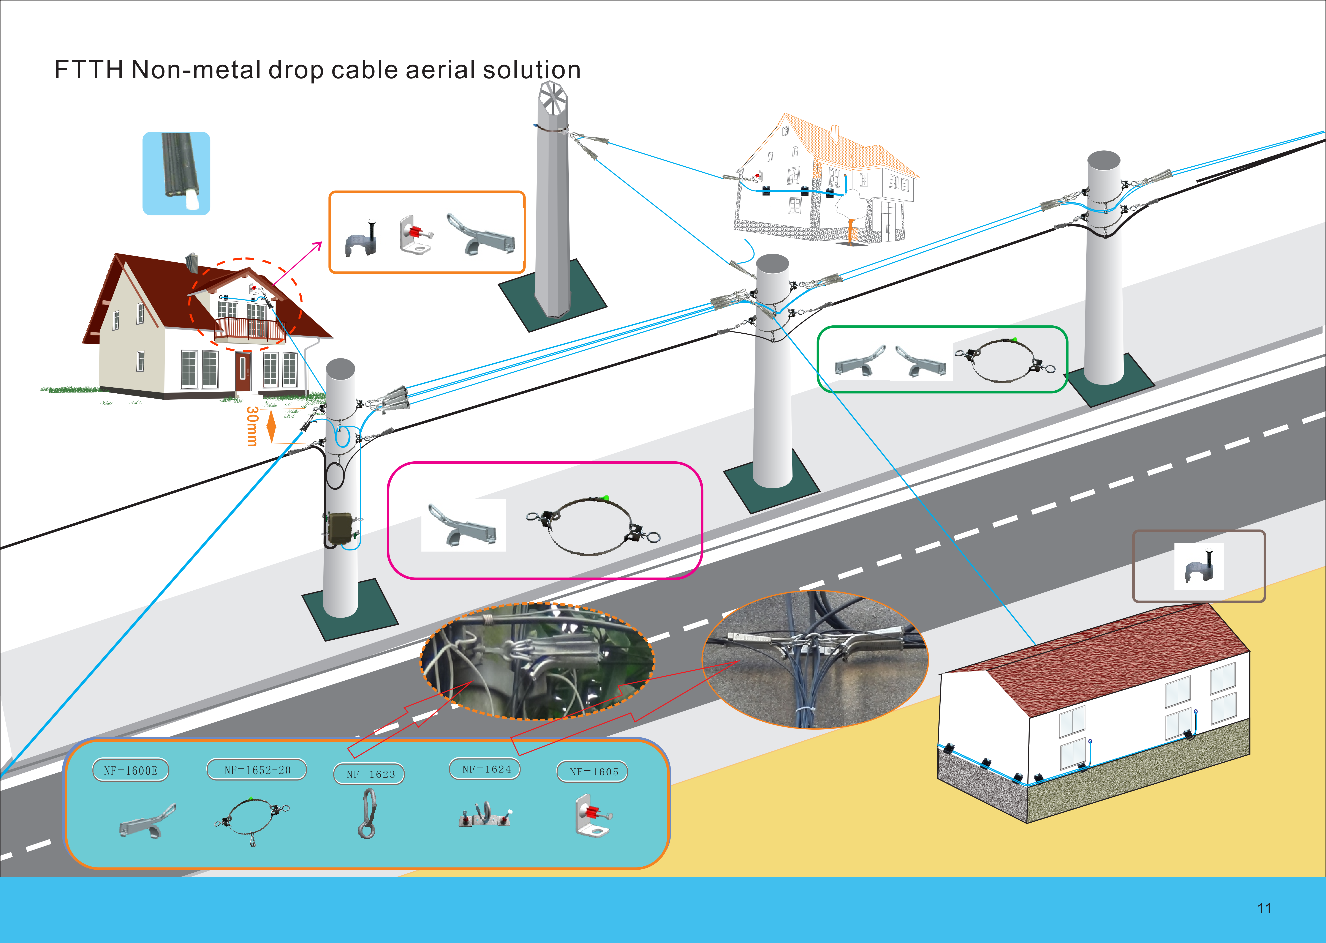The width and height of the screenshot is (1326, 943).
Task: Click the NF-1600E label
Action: (131, 771)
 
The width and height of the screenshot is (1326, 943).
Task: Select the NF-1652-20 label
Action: (257, 770)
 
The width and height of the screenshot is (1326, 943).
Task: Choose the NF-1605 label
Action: (592, 772)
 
